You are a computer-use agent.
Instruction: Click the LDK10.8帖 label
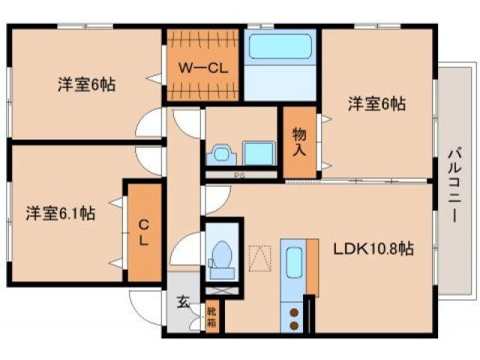click(x=379, y=247)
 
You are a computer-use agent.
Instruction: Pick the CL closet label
click(x=143, y=233)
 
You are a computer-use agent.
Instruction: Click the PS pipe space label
click(x=240, y=175)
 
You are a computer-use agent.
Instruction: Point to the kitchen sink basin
click(x=293, y=262)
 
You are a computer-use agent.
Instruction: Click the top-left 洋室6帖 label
click(x=86, y=85)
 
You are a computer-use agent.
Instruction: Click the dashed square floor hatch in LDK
click(x=260, y=257)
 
